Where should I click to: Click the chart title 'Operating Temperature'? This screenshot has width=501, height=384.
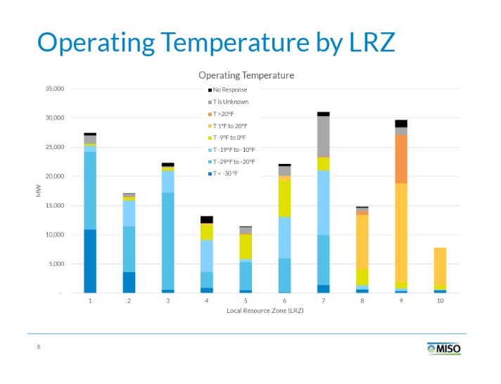[x=246, y=75]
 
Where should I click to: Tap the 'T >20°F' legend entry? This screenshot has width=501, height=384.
[x=225, y=114]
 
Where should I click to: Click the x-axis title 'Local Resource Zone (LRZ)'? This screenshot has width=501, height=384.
[x=265, y=311]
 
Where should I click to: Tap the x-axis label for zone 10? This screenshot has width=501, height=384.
[x=440, y=300]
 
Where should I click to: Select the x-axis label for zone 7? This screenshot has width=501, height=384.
[x=323, y=300]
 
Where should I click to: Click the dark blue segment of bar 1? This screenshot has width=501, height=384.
[x=90, y=261]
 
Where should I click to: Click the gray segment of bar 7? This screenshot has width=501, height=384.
[x=323, y=136]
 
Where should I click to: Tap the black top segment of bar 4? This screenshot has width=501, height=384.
[x=206, y=219]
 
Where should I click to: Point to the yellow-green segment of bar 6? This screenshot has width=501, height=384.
[x=284, y=198]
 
